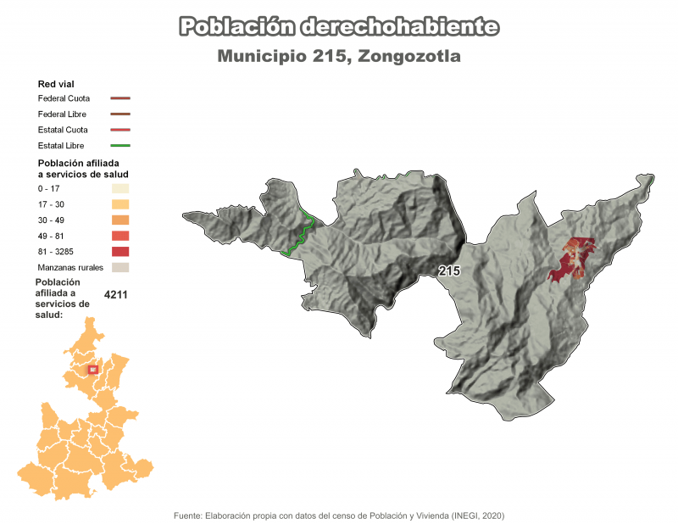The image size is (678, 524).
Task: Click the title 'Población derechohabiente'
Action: click(x=338, y=27)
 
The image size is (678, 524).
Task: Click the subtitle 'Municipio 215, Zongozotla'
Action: click(x=339, y=57)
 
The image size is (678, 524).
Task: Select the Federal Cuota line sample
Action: click(x=119, y=98)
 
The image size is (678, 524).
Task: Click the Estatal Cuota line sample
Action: click(x=119, y=130)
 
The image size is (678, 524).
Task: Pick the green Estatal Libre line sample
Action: click(x=119, y=146)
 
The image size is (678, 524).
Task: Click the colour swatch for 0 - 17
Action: click(x=119, y=188)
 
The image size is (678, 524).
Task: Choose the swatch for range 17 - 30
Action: click(x=119, y=204)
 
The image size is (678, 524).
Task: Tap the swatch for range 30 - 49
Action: click(x=119, y=220)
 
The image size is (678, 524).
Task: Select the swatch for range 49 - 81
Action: click(x=119, y=236)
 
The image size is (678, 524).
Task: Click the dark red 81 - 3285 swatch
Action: click(x=119, y=252)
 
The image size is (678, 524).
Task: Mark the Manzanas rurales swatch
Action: click(x=119, y=267)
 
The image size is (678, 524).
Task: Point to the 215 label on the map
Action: click(x=449, y=270)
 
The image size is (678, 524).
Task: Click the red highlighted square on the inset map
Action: click(x=93, y=369)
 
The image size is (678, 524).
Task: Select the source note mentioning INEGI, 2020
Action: click(x=339, y=516)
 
